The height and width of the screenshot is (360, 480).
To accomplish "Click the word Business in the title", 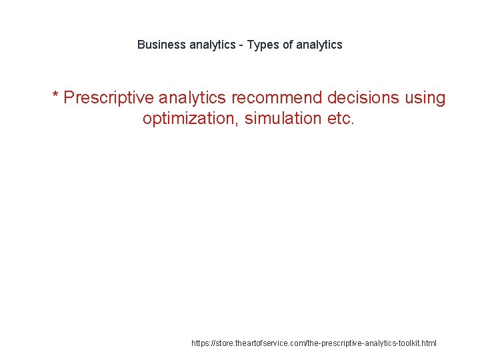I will pyautogui.click(x=161, y=45).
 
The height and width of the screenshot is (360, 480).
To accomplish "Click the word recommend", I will pyautogui.click(x=275, y=98).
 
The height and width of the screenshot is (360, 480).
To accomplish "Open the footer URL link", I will pyautogui.click(x=314, y=343).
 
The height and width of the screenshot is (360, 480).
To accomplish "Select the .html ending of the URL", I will pyautogui.click(x=427, y=343).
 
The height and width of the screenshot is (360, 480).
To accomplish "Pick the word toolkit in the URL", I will pyautogui.click(x=404, y=343).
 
